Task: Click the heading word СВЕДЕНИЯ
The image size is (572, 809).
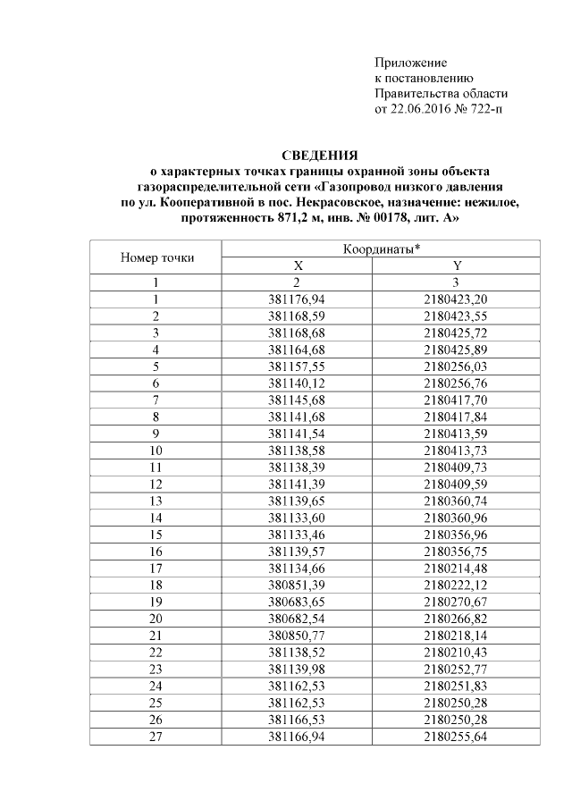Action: pos(320,155)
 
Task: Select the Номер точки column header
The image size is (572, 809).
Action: pos(156,257)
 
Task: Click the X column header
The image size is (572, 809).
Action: pos(299,265)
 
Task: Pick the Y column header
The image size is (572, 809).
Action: pos(457,265)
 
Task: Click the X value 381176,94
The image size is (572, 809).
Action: pos(299,299)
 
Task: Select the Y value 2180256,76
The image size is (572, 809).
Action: pos(457,382)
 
